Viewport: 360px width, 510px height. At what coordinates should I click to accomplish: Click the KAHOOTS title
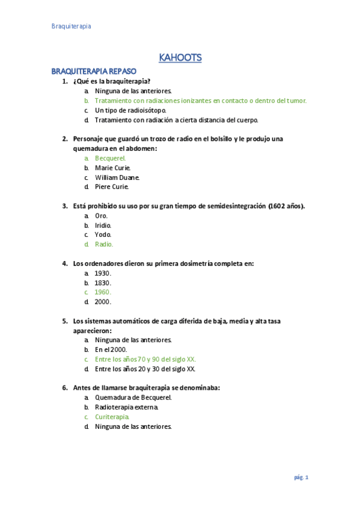click(180, 58)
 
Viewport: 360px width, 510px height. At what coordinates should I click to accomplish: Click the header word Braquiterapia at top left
click(71, 26)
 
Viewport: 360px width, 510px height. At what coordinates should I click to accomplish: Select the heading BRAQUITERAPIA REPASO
click(94, 71)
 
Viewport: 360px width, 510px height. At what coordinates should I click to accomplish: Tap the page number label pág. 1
click(301, 478)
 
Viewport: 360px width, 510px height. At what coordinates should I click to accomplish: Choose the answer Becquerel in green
click(111, 158)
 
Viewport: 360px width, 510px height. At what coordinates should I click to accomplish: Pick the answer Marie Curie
click(113, 168)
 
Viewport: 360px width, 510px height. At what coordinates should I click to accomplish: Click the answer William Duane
click(117, 177)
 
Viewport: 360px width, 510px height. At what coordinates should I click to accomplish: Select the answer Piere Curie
click(112, 187)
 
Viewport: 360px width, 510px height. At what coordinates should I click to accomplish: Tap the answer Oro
click(102, 215)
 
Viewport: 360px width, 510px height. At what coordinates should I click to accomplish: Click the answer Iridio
click(103, 225)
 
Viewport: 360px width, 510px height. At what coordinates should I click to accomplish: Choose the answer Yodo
click(103, 235)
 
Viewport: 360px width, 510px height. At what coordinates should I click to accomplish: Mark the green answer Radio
click(104, 244)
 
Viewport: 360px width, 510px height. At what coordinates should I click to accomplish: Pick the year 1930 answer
click(103, 273)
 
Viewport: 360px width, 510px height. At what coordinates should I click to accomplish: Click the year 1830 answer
click(103, 283)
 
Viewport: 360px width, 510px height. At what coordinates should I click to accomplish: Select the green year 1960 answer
click(103, 292)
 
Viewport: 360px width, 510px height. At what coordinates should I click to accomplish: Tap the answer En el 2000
click(111, 349)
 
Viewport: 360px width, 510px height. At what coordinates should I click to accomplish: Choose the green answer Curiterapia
click(112, 417)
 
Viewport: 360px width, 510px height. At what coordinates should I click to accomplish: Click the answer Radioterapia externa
click(127, 407)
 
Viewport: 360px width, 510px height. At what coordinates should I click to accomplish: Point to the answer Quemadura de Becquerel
click(133, 398)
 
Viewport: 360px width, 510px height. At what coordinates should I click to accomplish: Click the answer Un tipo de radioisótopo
click(130, 110)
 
